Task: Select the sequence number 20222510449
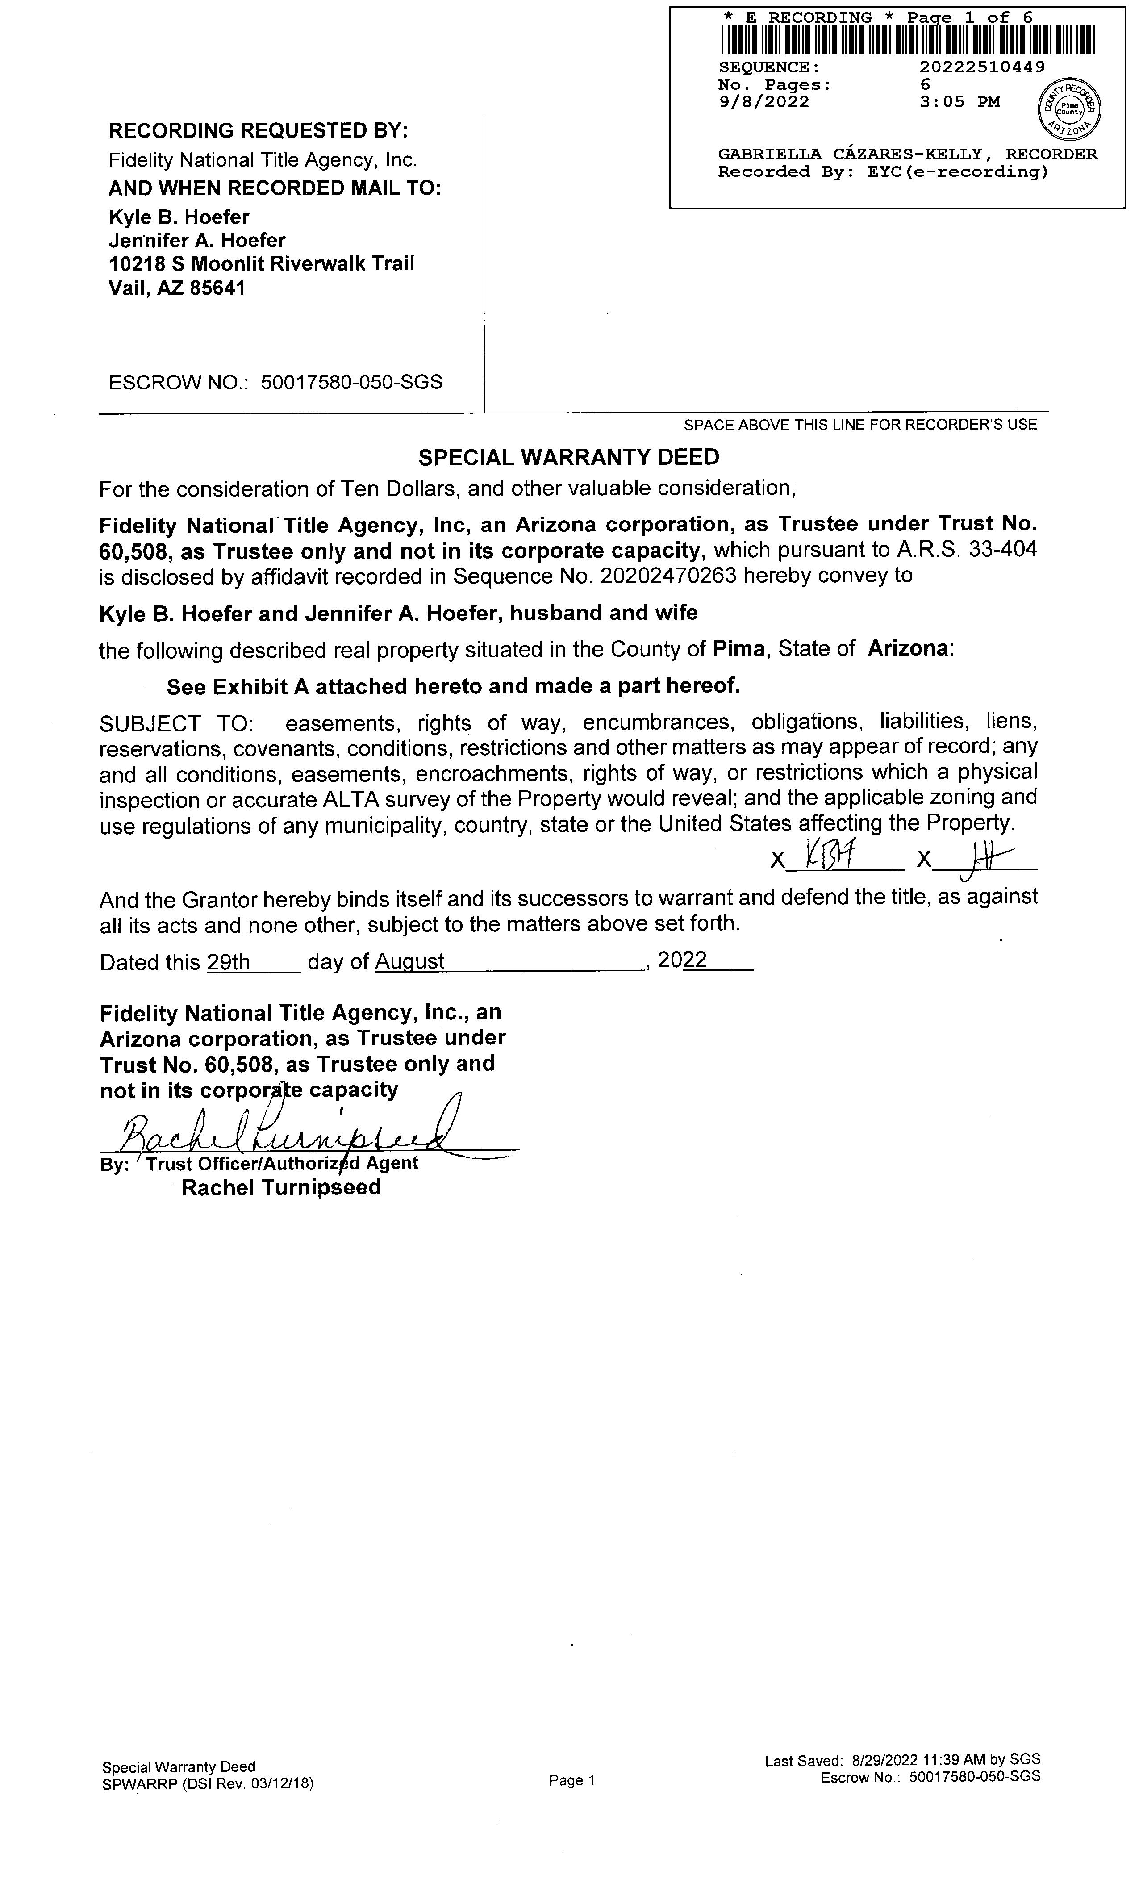pyautogui.click(x=982, y=67)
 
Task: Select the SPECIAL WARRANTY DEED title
pyautogui.click(x=569, y=458)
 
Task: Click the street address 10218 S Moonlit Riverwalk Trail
pyautogui.click(x=262, y=264)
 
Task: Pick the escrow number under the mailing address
pyautogui.click(x=351, y=382)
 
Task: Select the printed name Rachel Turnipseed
pyautogui.click(x=281, y=1187)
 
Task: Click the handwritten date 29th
pyautogui.click(x=229, y=962)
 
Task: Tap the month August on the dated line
pyautogui.click(x=409, y=962)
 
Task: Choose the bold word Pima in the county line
pyautogui.click(x=738, y=649)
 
